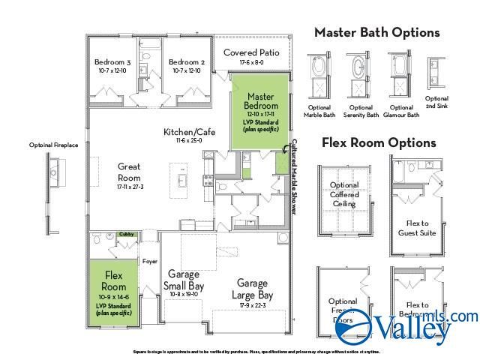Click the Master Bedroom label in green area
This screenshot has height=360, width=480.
260,101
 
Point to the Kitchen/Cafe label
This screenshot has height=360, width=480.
189,133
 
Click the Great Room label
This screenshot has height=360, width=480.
129,172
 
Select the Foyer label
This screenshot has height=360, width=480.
150,262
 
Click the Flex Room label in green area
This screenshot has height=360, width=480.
114,280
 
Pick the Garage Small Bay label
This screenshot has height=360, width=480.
183,280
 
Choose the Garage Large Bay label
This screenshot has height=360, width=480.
252,289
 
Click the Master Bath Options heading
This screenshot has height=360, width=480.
376,32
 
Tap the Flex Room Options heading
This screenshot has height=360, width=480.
379,142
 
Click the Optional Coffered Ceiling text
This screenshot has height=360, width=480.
344,194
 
